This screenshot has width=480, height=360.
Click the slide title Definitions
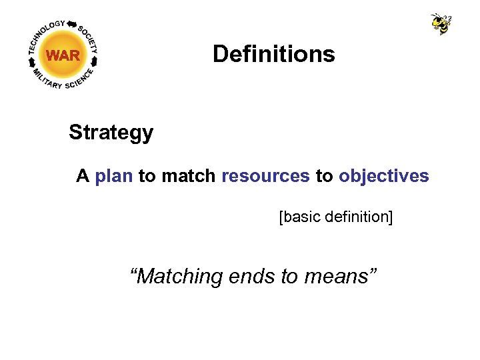(273, 54)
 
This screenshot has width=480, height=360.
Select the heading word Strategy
(111, 133)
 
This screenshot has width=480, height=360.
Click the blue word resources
(265, 176)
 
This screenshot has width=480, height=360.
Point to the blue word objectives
(383, 176)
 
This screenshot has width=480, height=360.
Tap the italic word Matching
(177, 275)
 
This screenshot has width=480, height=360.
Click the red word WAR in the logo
(63, 56)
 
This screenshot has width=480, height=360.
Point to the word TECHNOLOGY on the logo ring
(45, 33)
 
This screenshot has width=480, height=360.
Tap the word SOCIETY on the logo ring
(88, 39)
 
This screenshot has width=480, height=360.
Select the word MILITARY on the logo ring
(45, 79)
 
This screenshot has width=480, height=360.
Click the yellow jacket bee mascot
(441, 23)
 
